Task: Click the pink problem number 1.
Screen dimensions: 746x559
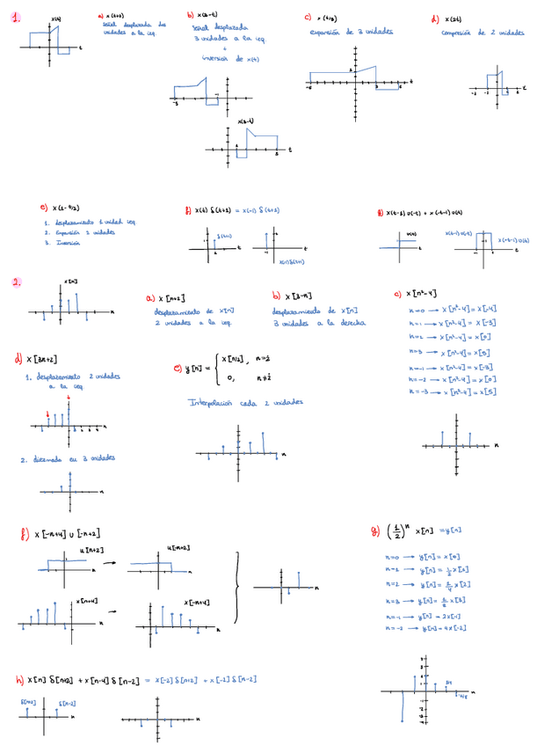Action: [16, 16]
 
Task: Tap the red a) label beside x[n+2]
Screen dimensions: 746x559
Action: [150, 299]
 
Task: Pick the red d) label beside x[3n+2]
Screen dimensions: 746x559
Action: [18, 359]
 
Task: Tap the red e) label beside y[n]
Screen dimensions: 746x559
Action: [178, 369]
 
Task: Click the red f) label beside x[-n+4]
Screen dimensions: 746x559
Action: [23, 533]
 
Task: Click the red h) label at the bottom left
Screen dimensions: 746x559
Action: [19, 680]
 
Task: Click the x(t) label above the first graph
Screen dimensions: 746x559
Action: [55, 19]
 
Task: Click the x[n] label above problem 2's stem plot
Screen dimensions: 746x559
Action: [70, 282]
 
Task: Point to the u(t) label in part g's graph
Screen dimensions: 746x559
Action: [410, 234]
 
